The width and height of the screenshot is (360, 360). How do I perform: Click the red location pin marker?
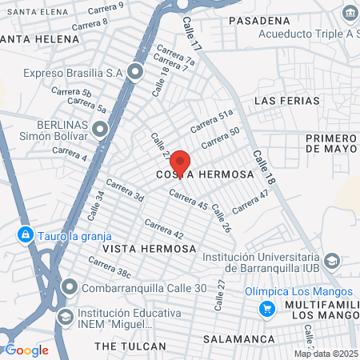180,160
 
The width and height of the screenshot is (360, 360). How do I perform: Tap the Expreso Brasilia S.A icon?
134,73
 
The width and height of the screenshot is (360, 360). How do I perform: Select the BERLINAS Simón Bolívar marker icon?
99,129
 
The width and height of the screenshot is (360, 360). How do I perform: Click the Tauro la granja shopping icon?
26,234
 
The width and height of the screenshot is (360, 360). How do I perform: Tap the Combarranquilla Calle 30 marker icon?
70,286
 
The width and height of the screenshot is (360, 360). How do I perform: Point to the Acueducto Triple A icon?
349,14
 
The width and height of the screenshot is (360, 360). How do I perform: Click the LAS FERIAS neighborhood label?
286,101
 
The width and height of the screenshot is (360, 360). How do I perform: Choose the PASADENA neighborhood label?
258,19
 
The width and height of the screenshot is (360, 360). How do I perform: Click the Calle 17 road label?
193,36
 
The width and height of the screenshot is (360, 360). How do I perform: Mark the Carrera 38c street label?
109,267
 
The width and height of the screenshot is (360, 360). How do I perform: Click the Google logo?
26,350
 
